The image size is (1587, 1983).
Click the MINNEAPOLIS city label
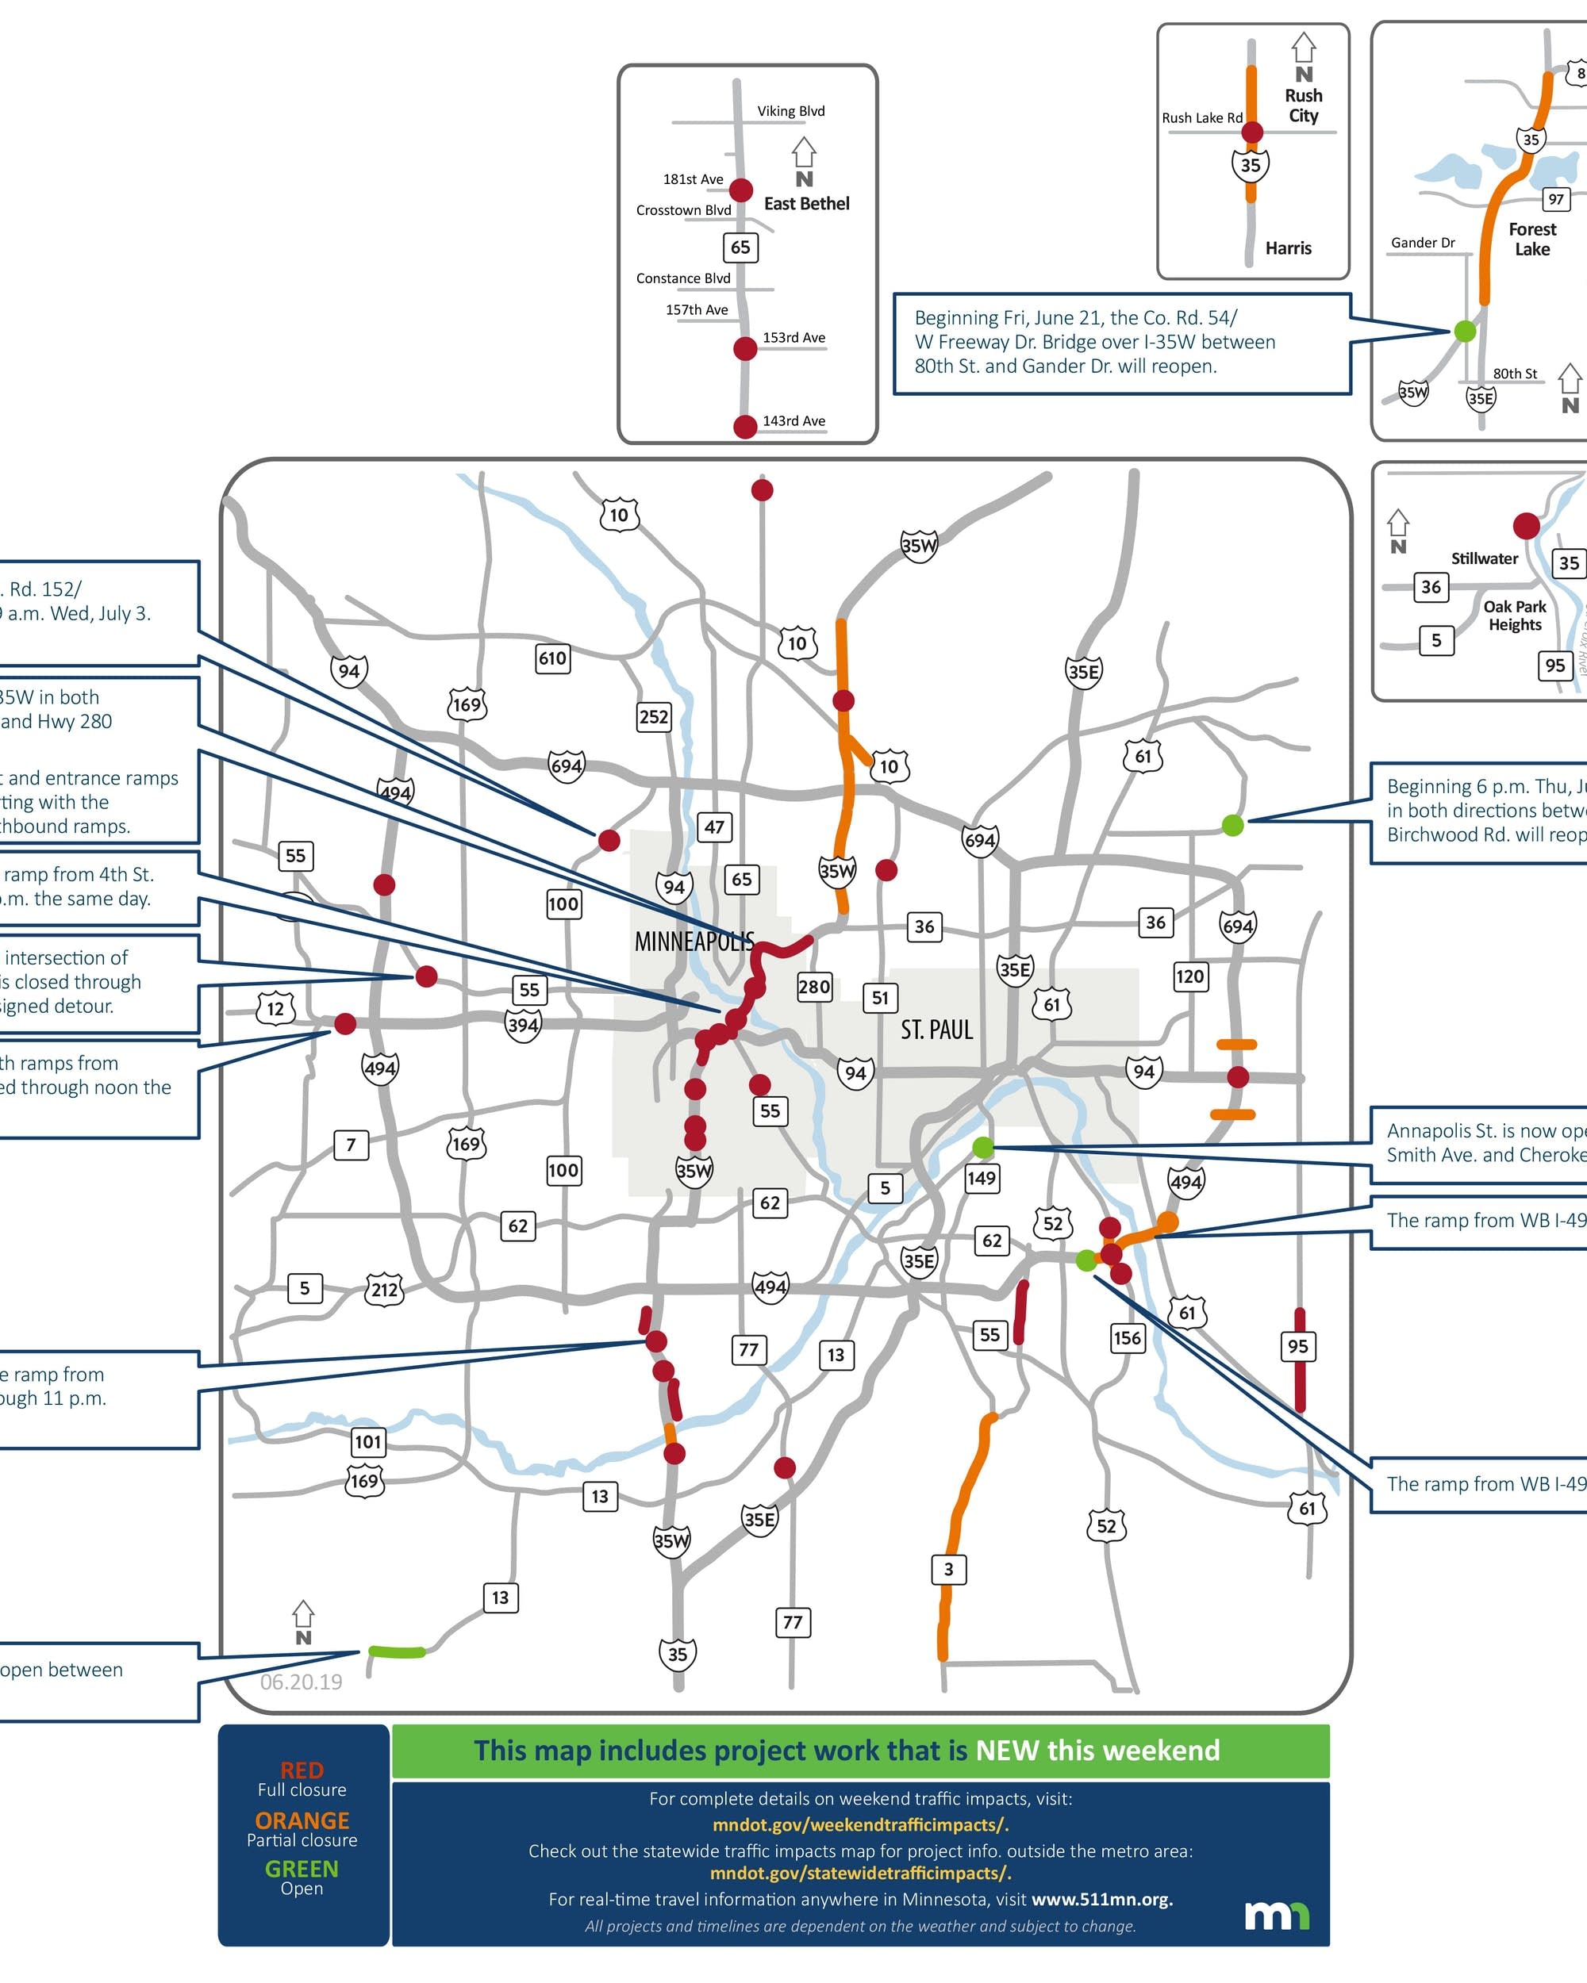[694, 942]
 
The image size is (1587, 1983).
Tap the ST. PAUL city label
[936, 1030]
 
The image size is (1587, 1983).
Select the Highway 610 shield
[552, 658]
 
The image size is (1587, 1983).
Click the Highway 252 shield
[653, 716]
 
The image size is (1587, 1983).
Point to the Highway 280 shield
[814, 988]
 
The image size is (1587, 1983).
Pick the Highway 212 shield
[385, 1290]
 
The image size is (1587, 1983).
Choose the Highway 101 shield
[368, 1441]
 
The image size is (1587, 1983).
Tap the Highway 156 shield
[1127, 1338]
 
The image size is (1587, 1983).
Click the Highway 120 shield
[1189, 976]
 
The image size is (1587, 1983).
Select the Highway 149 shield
[982, 1178]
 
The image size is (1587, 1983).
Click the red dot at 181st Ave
[741, 190]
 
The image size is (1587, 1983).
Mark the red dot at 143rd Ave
[745, 427]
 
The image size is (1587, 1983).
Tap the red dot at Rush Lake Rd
[1252, 132]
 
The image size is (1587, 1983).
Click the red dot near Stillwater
[1526, 526]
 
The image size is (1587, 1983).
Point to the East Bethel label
[807, 204]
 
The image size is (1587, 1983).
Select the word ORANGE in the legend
[302, 1821]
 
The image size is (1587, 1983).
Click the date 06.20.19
[301, 1682]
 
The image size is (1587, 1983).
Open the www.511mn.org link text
[1101, 1899]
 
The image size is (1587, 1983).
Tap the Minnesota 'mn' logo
[1277, 1915]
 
